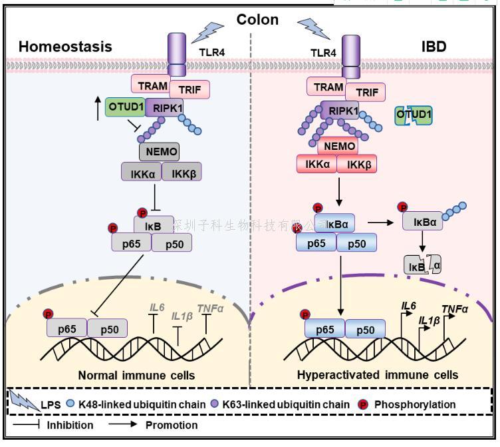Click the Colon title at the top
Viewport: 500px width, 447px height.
258,19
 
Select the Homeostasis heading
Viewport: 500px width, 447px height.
65,47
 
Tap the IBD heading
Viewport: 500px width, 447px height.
433,47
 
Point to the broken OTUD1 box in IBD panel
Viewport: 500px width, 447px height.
413,115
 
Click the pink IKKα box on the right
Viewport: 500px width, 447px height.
317,164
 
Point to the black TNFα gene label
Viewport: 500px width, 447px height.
455,309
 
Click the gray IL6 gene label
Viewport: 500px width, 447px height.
157,307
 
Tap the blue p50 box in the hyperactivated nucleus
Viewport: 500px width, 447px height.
365,329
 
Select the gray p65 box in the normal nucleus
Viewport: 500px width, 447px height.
66,328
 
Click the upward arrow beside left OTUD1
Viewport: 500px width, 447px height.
98,109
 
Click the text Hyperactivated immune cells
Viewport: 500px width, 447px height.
378,375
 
